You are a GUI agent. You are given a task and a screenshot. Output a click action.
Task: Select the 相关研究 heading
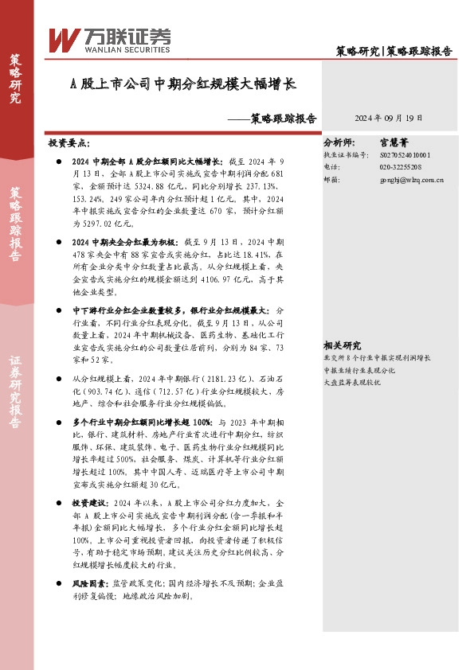click(x=342, y=345)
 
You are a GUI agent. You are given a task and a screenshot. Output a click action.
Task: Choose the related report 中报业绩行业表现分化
click(x=358, y=370)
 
